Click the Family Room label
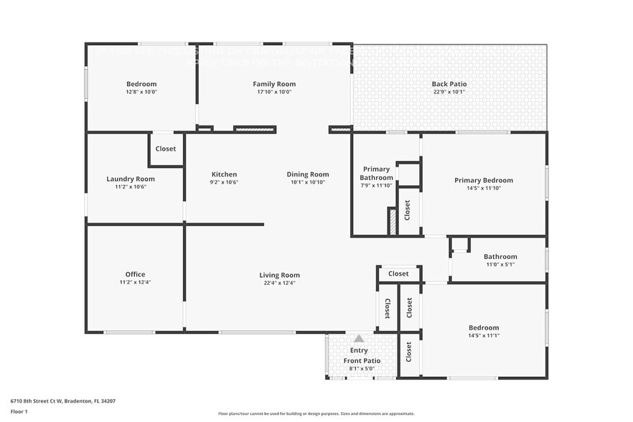click(274, 84)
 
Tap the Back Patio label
click(449, 84)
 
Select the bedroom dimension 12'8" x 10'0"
click(141, 92)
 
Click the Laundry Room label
click(131, 179)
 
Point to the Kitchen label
click(224, 174)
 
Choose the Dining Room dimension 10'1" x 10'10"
click(308, 182)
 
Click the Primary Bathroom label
click(377, 174)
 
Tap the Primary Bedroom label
click(484, 180)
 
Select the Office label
click(135, 274)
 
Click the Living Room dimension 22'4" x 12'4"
click(280, 283)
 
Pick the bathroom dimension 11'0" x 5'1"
click(500, 264)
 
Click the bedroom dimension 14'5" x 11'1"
click(483, 336)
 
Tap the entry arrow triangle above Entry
click(359, 338)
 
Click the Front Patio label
click(362, 360)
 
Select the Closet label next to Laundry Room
click(166, 149)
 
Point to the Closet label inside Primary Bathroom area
click(408, 210)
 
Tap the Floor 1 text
click(19, 411)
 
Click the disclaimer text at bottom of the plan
click(316, 413)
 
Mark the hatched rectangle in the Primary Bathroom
click(392, 221)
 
